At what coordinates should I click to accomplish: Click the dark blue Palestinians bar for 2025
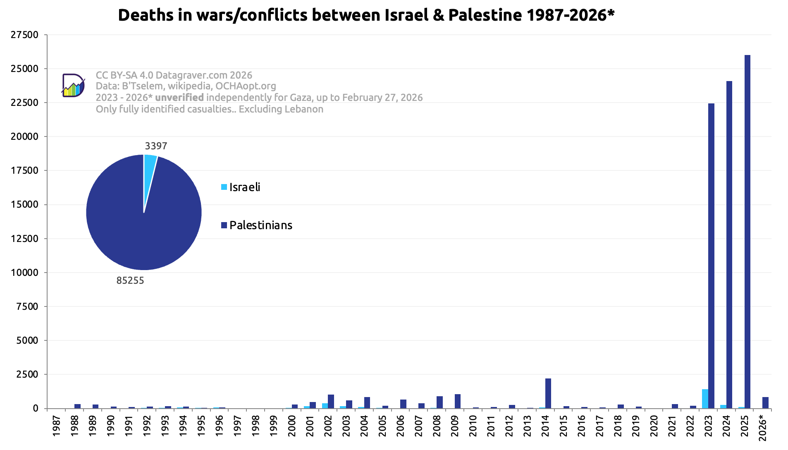tap(747, 232)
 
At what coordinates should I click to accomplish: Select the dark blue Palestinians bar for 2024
tap(729, 244)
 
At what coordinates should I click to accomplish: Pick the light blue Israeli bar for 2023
tap(705, 399)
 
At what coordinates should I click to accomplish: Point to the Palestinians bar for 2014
tap(548, 393)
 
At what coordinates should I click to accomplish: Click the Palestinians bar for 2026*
tap(765, 402)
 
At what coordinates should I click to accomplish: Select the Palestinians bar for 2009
tap(458, 401)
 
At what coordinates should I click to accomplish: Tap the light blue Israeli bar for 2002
tap(325, 406)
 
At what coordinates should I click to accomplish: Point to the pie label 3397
tap(156, 146)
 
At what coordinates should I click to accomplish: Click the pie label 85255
tap(130, 280)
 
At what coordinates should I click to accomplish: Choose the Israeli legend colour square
tap(224, 187)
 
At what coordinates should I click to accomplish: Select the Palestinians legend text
tap(260, 225)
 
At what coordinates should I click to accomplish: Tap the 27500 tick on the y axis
tap(24, 35)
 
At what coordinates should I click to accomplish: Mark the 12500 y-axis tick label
tap(24, 239)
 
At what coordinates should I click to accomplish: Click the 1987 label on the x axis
tap(57, 426)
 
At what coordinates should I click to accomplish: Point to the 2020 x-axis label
tap(654, 426)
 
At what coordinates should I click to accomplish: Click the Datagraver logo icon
tap(73, 86)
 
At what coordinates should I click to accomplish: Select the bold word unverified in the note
tap(179, 98)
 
